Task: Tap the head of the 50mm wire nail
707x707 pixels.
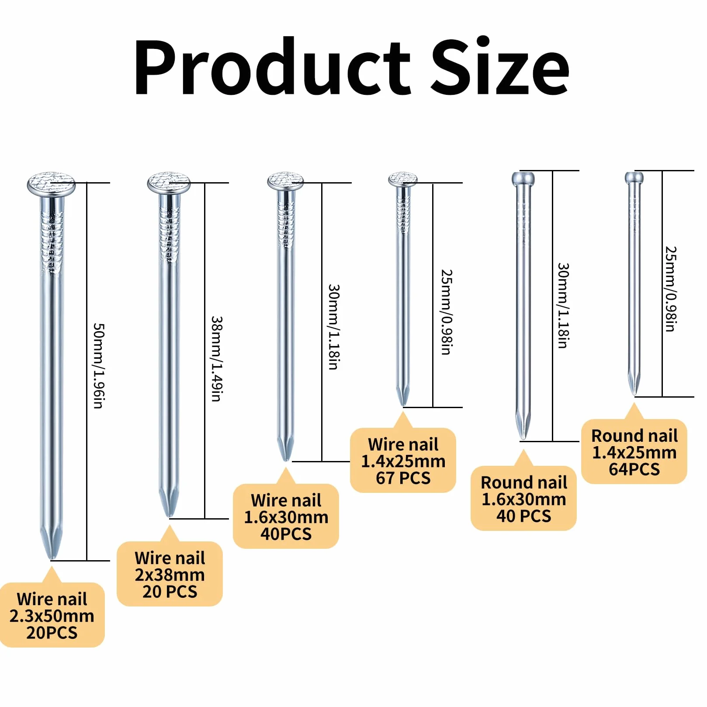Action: (51, 184)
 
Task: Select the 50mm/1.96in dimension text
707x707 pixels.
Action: (99, 366)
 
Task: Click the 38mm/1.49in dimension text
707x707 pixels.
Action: (217, 359)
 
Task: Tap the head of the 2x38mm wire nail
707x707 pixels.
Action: (169, 184)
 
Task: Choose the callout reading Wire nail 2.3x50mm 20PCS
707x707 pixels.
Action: (52, 615)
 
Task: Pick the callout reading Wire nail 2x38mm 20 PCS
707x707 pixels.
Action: (170, 574)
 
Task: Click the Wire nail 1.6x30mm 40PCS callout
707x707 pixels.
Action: (286, 516)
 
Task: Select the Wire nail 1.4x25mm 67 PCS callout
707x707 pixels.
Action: (403, 460)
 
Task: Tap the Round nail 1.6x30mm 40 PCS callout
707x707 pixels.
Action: (523, 499)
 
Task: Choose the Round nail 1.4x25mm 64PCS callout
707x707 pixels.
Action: (634, 452)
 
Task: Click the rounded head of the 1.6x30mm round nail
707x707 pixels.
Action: (523, 178)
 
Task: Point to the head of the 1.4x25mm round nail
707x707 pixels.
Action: (634, 177)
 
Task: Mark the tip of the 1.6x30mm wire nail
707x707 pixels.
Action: (285, 460)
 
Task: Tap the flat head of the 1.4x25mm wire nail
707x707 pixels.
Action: (403, 179)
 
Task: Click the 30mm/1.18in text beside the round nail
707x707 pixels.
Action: (564, 305)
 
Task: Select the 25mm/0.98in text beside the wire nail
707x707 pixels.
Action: (447, 312)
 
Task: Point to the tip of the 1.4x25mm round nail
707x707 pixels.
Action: (634, 395)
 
